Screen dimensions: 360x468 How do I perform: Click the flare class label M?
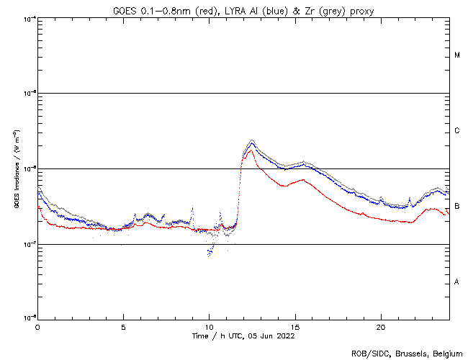458,55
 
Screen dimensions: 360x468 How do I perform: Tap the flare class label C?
458,131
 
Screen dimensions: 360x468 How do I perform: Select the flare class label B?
458,207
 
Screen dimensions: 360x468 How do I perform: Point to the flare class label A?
457,282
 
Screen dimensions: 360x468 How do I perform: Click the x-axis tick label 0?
37,326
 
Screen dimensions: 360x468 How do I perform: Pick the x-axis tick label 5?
123,326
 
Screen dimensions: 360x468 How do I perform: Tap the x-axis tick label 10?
209,326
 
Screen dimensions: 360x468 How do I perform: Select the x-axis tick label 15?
294,326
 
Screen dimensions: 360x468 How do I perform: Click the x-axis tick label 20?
380,326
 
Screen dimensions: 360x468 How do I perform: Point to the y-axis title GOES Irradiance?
16,168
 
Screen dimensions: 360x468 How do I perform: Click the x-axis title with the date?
243,336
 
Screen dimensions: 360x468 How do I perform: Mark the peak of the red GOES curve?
250,150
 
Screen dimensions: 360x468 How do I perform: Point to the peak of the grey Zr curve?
251,140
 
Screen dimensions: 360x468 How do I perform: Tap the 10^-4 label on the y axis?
29,18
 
